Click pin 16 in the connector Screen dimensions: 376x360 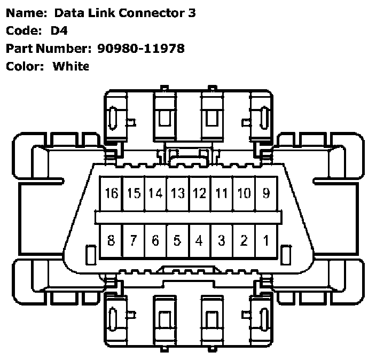tap(111, 193)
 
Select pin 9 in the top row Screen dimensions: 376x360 tap(266, 193)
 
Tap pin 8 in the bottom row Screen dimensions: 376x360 tap(111, 240)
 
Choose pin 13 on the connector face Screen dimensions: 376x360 tap(177, 193)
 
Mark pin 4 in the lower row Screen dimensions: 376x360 tap(199, 240)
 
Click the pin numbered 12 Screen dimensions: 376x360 tap(199, 193)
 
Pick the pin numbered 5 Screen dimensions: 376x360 tap(177, 240)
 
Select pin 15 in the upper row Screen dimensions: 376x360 tap(134, 193)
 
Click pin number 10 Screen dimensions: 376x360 tap(244, 193)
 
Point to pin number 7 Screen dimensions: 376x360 tap(134, 240)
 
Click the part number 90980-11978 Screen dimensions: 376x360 tap(141, 49)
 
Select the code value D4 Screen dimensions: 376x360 tap(59, 31)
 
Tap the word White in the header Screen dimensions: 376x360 tap(70, 66)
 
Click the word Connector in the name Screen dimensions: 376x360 tap(153, 13)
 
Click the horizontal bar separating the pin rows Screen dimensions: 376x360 tap(188, 217)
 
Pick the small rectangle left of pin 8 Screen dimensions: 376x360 tap(91, 254)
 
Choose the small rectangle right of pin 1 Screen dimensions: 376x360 tap(286, 254)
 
